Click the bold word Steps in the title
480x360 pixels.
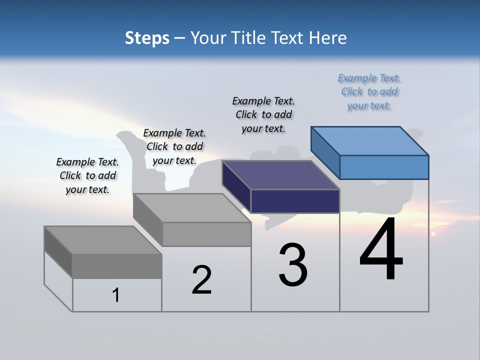[147, 38]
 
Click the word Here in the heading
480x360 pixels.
[327, 38]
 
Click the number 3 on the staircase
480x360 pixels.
[293, 265]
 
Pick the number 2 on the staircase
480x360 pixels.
[201, 280]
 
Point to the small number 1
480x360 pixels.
[116, 295]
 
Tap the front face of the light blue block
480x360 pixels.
[384, 167]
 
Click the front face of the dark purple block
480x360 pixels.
[295, 201]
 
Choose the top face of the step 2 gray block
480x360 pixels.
[192, 208]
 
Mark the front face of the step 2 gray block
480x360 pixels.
[206, 234]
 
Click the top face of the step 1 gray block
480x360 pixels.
[103, 240]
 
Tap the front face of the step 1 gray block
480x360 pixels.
[117, 266]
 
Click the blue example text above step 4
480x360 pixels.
[369, 91]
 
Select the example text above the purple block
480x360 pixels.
[263, 114]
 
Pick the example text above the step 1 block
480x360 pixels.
[87, 175]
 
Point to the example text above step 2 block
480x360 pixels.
[174, 146]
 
